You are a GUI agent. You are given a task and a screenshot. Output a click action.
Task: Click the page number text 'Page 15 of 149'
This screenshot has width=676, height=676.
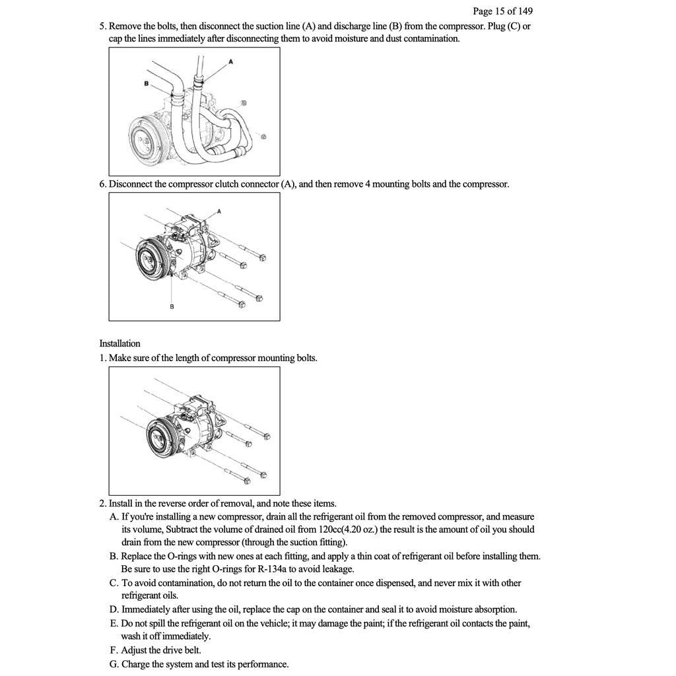pos(502,11)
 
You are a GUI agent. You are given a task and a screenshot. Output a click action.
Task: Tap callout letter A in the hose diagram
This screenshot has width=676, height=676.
pos(231,61)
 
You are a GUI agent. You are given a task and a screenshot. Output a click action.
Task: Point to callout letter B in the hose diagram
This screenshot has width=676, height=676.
pos(146,84)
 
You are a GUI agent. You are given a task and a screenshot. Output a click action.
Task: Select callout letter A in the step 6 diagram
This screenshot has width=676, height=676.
pos(219,211)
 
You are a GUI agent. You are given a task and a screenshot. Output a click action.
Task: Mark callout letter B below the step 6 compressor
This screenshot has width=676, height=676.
pos(172,306)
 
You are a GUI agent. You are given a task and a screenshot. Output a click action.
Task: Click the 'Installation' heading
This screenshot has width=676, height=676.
pos(119,343)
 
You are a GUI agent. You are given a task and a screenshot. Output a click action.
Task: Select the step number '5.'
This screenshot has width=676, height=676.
pos(103,26)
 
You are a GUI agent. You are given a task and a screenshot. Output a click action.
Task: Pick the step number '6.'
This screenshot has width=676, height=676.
pos(103,184)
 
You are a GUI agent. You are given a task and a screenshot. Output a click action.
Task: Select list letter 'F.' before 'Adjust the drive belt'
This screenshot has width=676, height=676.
pos(115,650)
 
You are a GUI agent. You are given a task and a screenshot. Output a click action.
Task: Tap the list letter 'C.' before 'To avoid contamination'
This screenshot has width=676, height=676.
pos(114,583)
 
